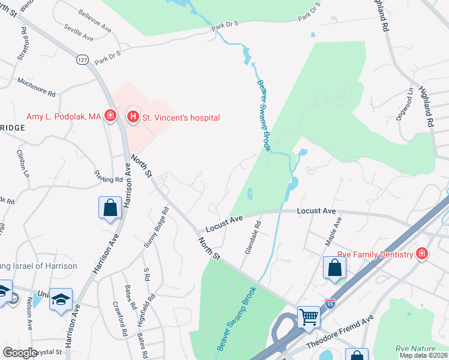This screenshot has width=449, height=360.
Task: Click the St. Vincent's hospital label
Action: (x=180, y=118)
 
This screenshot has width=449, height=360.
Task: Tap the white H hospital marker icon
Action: (x=133, y=116)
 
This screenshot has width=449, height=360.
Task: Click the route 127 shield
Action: (x=82, y=59)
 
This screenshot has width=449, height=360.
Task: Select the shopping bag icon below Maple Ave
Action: (x=334, y=268)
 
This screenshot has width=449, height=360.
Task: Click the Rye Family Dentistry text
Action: (x=375, y=254)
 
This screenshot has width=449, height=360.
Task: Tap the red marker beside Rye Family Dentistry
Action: (x=422, y=254)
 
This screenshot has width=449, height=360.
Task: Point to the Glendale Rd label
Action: (x=253, y=237)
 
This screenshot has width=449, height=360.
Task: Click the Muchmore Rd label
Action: (x=36, y=88)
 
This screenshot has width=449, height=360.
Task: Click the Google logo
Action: (x=20, y=353)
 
